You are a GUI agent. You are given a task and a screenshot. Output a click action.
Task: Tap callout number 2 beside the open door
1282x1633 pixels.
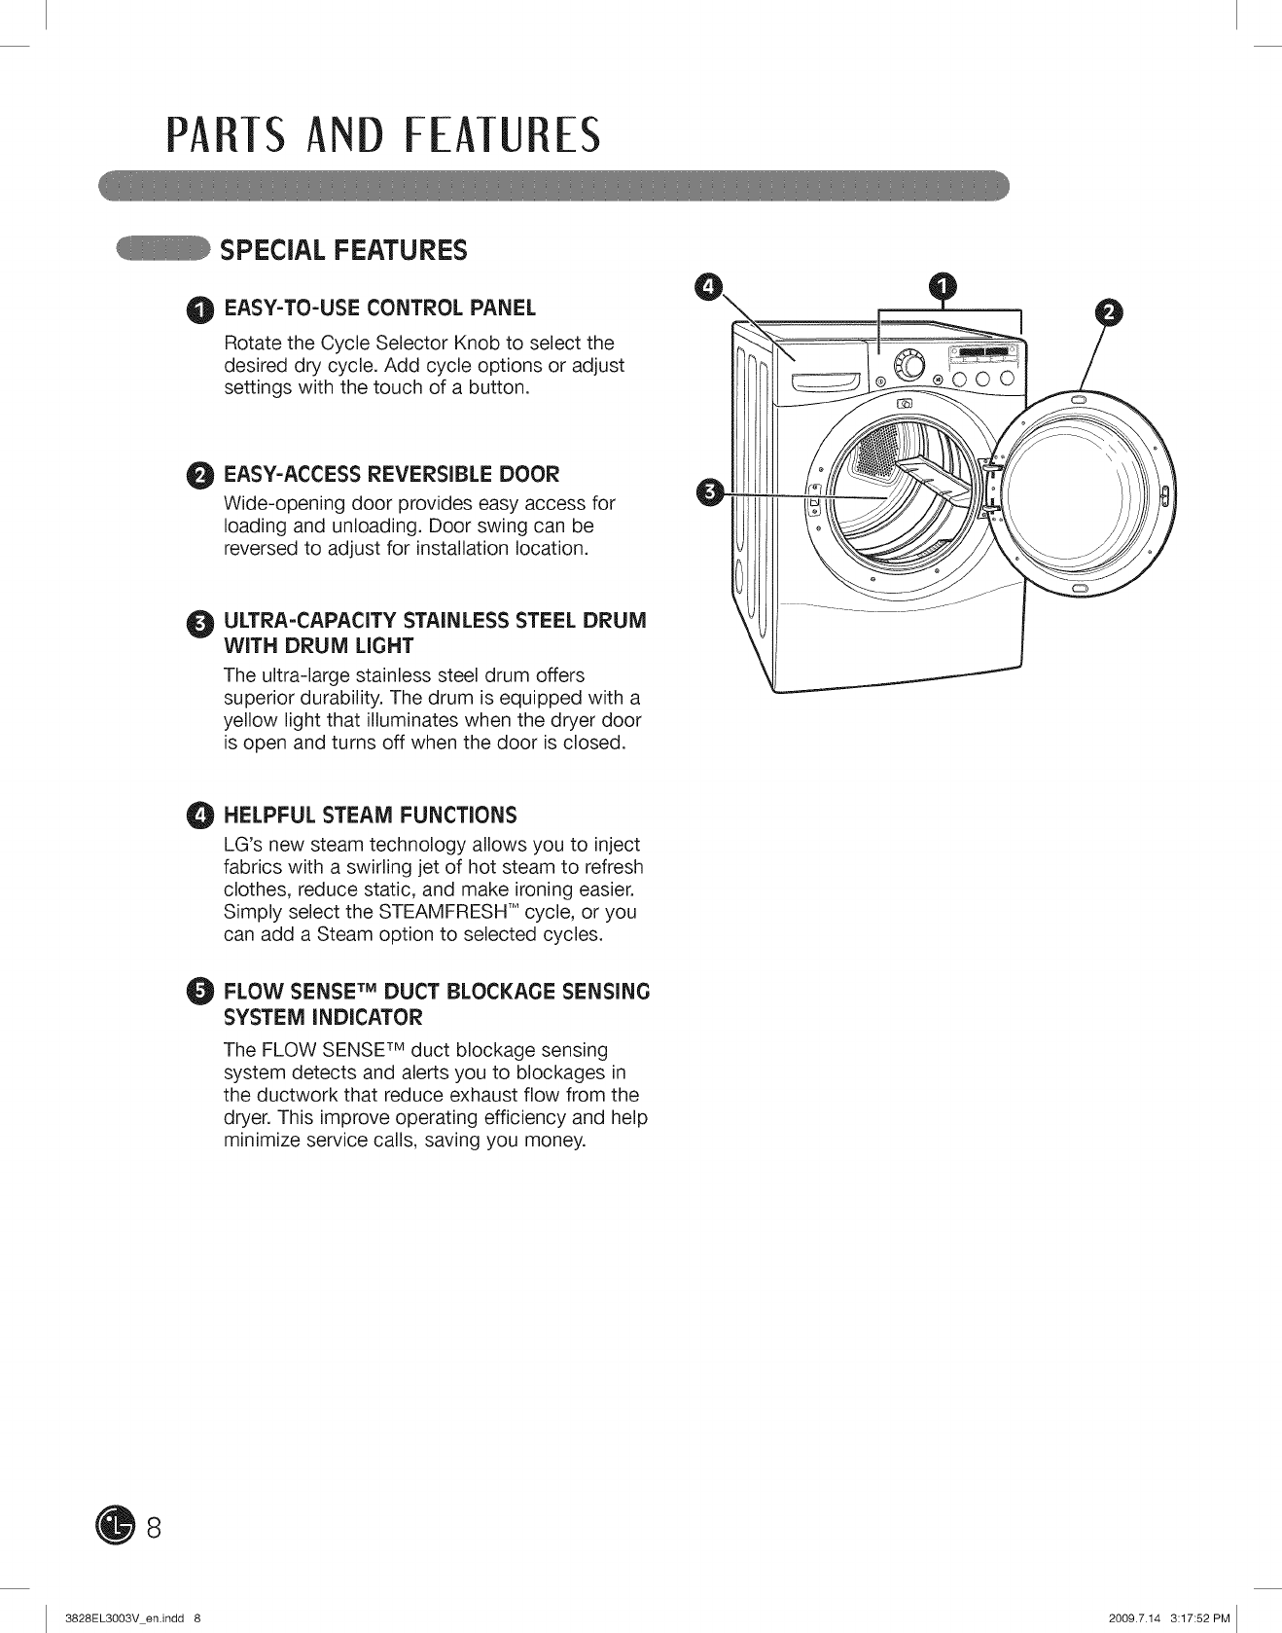pyautogui.click(x=1108, y=311)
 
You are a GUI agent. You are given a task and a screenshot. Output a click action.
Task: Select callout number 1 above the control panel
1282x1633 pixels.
pyautogui.click(x=942, y=285)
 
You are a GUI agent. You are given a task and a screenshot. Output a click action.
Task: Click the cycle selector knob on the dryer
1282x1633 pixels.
pyautogui.click(x=909, y=367)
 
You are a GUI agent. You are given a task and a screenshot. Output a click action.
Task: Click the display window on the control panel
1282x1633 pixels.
pyautogui.click(x=983, y=351)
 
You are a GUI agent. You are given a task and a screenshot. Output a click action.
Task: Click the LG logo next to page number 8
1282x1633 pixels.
pyautogui.click(x=114, y=1527)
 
